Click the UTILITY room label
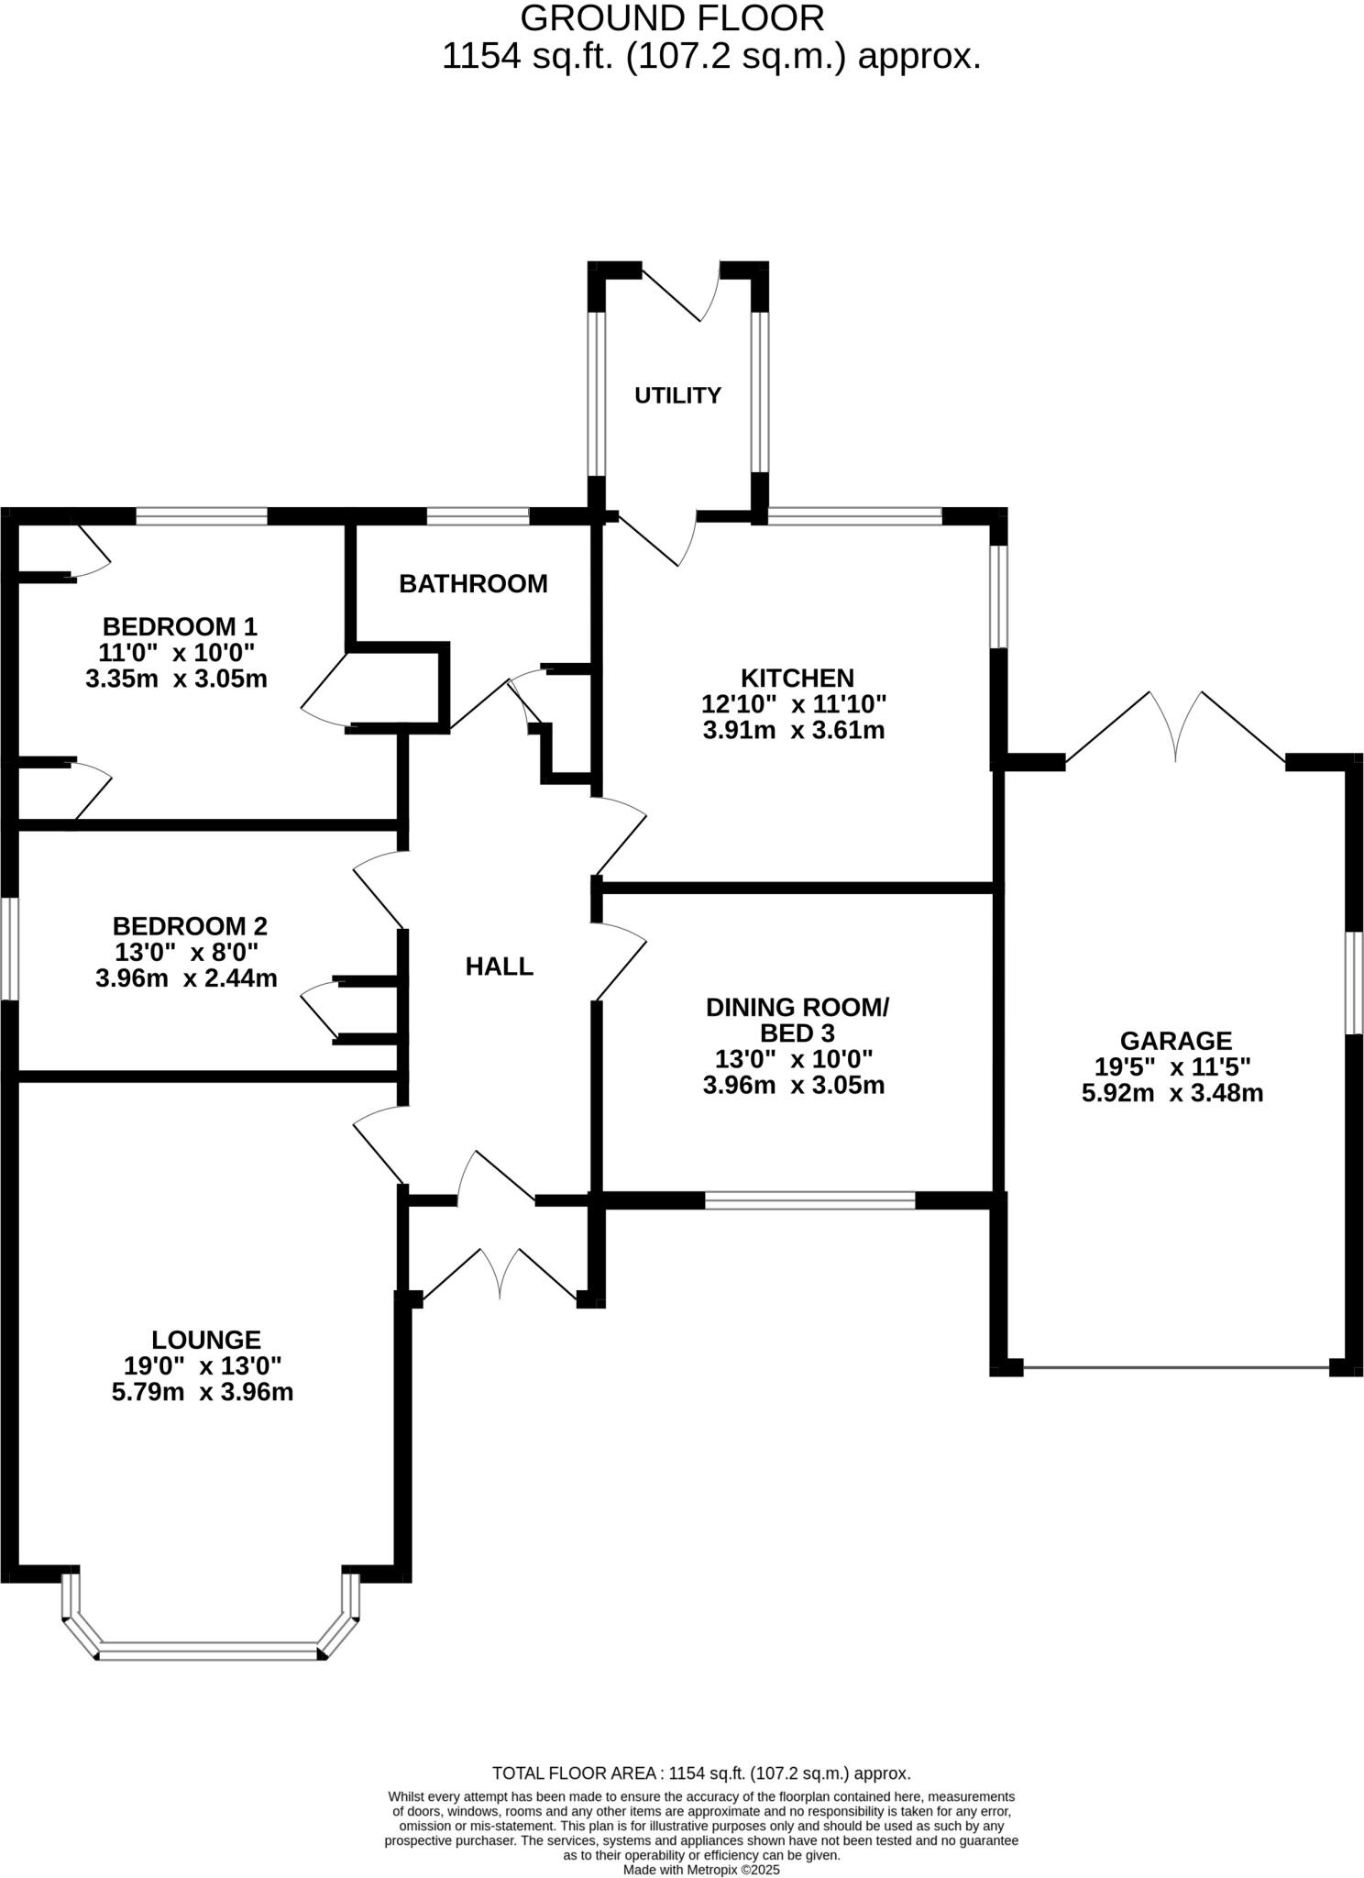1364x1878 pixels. tap(677, 395)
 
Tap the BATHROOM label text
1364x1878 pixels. tap(473, 583)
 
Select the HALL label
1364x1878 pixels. tap(499, 966)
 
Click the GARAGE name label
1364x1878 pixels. tap(1175, 1040)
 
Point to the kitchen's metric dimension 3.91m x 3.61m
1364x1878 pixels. tap(793, 731)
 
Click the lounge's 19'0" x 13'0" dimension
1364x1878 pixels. tap(203, 1365)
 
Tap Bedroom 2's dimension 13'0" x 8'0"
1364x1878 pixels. tap(186, 951)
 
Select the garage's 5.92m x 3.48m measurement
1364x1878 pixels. tap(1172, 1093)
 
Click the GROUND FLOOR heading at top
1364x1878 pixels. tap(672, 18)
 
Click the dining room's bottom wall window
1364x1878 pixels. tap(809, 1200)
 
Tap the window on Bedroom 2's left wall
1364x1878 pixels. tap(8, 948)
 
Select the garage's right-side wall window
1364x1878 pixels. tap(1354, 982)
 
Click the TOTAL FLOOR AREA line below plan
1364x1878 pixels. tap(700, 1773)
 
